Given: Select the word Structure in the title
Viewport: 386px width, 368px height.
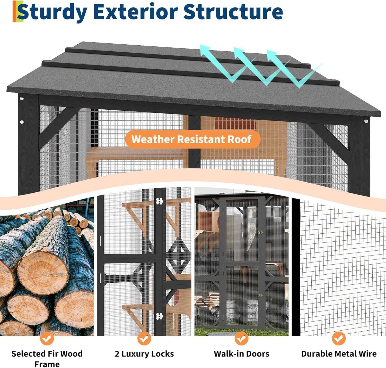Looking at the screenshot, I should click(233, 12).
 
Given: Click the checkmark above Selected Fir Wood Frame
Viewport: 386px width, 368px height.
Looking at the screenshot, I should click(47, 338).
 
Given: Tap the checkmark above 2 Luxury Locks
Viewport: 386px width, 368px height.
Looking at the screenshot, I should click(144, 338).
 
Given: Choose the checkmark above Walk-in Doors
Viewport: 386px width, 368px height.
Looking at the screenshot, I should click(241, 338).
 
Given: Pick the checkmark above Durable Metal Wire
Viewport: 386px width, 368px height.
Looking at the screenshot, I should click(339, 338).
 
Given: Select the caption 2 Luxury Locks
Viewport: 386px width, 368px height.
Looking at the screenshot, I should click(144, 354).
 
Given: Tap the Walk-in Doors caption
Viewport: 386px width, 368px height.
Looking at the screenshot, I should click(241, 354).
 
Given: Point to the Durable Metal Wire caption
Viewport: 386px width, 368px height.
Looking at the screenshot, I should click(339, 354).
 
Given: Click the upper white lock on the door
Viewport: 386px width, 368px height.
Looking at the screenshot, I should click(159, 201).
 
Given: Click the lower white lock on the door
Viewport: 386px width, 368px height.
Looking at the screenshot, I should click(159, 316).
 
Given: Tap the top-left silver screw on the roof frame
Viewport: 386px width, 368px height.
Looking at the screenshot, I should click(22, 99).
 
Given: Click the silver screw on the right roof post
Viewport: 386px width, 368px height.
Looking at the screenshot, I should click(366, 121).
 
